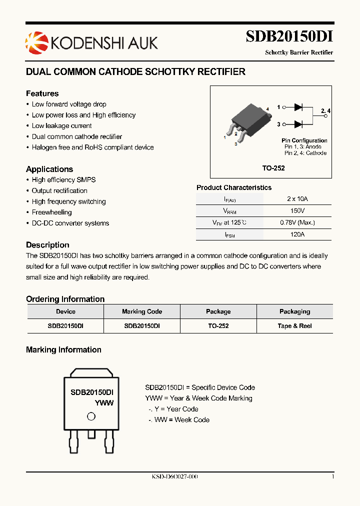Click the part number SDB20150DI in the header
coord(289,37)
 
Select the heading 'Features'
coord(42,93)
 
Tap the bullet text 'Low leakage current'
coord(61,126)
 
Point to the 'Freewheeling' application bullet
coord(52,212)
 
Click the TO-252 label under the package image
coord(273,168)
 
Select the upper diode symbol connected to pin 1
coord(299,107)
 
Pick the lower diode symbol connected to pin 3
coord(299,124)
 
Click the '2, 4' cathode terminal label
coord(325,110)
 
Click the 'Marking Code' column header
coord(142,311)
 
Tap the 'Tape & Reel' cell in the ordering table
coord(294,326)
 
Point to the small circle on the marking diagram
coord(91,416)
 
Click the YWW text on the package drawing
coord(104,403)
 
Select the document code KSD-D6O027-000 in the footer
coord(175,477)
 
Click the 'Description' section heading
coord(47,245)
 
